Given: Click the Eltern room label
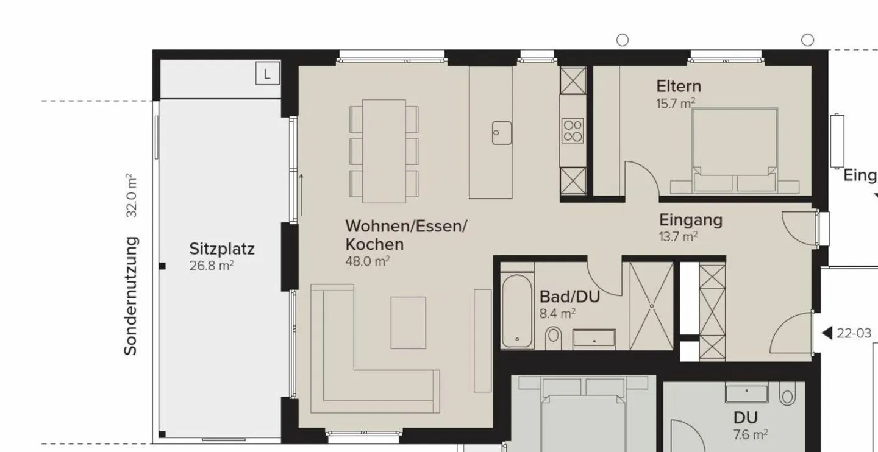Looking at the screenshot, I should (679, 86).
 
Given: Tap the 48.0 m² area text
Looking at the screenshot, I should (368, 261).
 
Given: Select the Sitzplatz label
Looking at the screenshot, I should (221, 249).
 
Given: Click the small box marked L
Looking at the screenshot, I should (267, 74).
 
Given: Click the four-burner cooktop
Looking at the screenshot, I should (572, 130).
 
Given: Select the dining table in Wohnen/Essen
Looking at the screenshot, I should (384, 150).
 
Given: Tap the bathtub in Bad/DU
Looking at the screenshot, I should (517, 312).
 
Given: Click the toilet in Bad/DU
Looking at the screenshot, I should (554, 336).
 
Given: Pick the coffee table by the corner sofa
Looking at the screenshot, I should (408, 322).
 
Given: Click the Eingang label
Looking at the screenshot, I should (691, 220).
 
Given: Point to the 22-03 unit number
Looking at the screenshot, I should (855, 333).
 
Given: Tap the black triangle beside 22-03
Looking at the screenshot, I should (827, 333).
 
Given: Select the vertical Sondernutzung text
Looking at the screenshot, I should (130, 295).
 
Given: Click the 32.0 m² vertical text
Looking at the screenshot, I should (130, 196).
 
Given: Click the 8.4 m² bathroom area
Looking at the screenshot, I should (558, 314).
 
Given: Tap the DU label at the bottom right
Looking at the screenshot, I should (745, 418).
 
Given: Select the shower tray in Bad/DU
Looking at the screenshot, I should (651, 305).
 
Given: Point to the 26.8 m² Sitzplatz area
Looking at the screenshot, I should (212, 266).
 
